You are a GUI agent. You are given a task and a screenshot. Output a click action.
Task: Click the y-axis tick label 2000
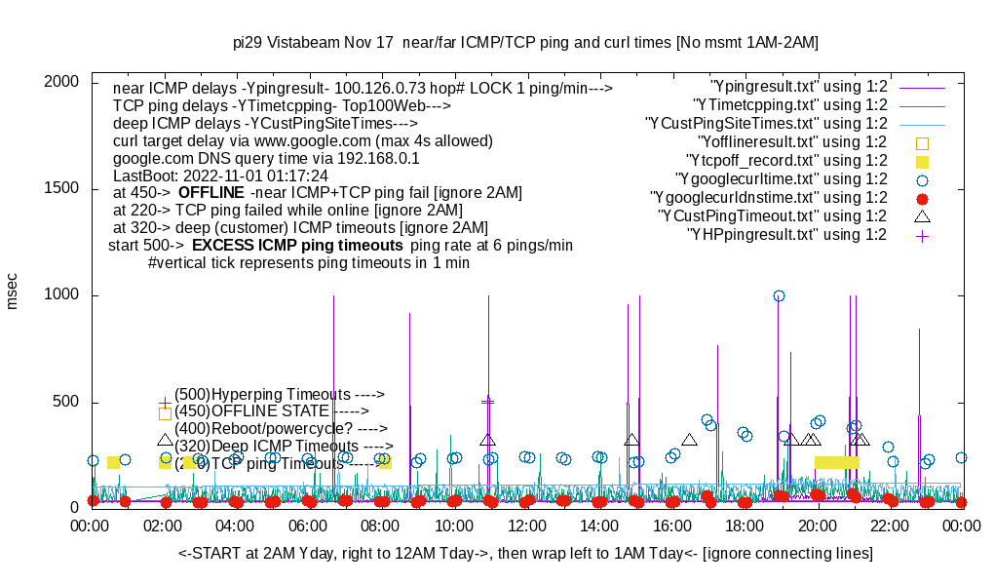tap(61, 82)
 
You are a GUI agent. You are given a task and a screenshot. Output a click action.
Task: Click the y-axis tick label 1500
tap(61, 189)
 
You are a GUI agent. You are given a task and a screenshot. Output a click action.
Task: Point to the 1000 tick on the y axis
tap(61, 295)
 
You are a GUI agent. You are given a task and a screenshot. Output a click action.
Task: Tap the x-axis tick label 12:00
tap(527, 526)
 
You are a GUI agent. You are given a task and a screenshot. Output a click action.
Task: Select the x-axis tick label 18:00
tap(745, 526)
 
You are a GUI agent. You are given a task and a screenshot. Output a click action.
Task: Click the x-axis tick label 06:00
tap(309, 526)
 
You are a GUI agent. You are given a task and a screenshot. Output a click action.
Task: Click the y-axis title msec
tap(13, 291)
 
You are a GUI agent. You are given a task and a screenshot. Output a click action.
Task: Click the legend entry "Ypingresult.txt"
tap(799, 87)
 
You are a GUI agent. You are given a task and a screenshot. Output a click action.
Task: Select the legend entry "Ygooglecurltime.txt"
tap(781, 179)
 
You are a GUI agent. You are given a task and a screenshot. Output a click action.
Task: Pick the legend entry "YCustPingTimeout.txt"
tap(772, 216)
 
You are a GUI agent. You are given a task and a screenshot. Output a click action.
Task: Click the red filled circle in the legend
tap(922, 198)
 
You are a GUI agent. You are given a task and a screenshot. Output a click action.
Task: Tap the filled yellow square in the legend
tap(922, 161)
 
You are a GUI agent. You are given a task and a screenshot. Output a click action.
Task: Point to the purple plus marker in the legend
tap(922, 235)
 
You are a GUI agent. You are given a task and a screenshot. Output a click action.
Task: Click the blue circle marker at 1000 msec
tap(779, 295)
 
